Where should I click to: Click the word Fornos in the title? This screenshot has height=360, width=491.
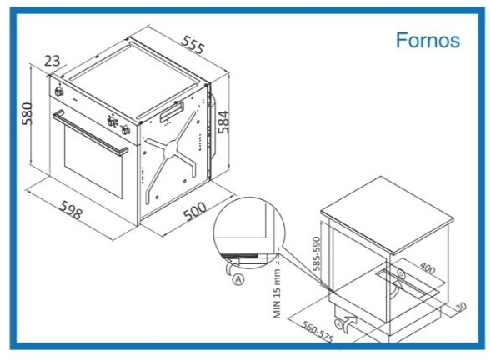click(x=428, y=40)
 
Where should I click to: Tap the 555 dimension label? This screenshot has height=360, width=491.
click(x=193, y=45)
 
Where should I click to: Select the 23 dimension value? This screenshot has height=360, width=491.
click(x=52, y=61)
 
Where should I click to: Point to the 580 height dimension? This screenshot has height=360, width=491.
click(x=28, y=113)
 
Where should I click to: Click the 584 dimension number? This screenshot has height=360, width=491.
click(x=223, y=122)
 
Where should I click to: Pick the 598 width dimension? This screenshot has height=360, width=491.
click(x=71, y=210)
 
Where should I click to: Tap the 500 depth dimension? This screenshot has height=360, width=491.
click(x=194, y=211)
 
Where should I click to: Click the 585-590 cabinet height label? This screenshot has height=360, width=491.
click(x=317, y=254)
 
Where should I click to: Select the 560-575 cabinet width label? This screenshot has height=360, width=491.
click(x=318, y=332)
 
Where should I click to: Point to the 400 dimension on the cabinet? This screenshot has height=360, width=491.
click(x=428, y=267)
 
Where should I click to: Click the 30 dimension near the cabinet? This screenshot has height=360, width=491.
click(x=461, y=306)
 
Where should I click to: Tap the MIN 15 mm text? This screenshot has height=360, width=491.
click(x=278, y=293)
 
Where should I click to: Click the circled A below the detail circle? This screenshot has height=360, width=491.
click(x=238, y=279)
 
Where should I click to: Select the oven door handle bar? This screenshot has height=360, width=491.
click(x=90, y=132)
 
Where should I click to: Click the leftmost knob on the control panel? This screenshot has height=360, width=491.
click(x=59, y=91)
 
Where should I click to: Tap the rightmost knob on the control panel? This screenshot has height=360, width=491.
click(x=126, y=129)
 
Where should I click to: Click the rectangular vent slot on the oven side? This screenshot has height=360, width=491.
click(x=172, y=112)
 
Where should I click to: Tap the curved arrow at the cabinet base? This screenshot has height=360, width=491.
click(x=350, y=323)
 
